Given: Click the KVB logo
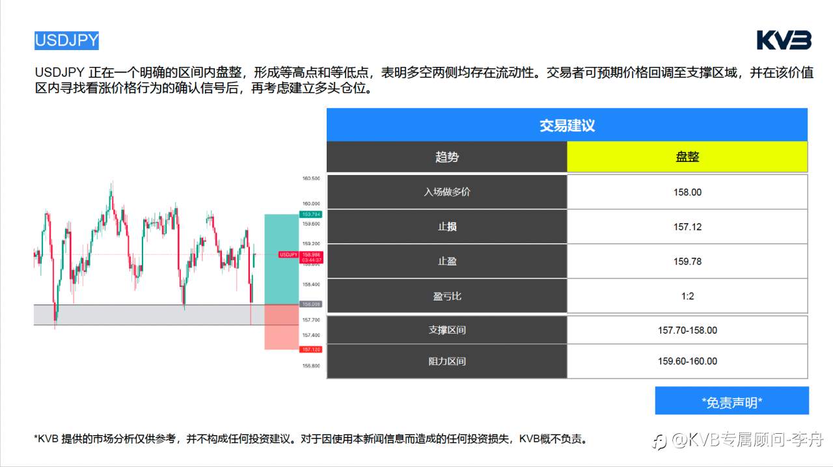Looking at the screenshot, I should point(784,40).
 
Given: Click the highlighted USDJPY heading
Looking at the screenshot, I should point(66,40).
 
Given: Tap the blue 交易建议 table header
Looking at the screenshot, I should point(567,126).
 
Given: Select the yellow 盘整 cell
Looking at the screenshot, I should point(687,157).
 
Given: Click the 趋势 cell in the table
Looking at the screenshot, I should point(446,157).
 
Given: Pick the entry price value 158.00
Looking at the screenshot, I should point(687,192).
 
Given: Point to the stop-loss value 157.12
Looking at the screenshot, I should point(687,227).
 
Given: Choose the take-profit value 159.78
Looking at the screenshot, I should point(687,261).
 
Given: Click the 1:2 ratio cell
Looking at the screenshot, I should point(687,296).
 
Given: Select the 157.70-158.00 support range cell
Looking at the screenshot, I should point(687,330).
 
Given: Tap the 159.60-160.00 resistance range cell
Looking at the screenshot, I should point(687,361).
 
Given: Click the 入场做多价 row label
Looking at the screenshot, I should point(446,192).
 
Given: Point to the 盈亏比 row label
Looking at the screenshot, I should point(446,296).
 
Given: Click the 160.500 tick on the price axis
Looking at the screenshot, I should point(310,178).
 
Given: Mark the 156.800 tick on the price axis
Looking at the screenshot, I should point(310,366).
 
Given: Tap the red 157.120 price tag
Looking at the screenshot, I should point(310,349).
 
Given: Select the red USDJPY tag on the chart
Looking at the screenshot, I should point(288,254).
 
